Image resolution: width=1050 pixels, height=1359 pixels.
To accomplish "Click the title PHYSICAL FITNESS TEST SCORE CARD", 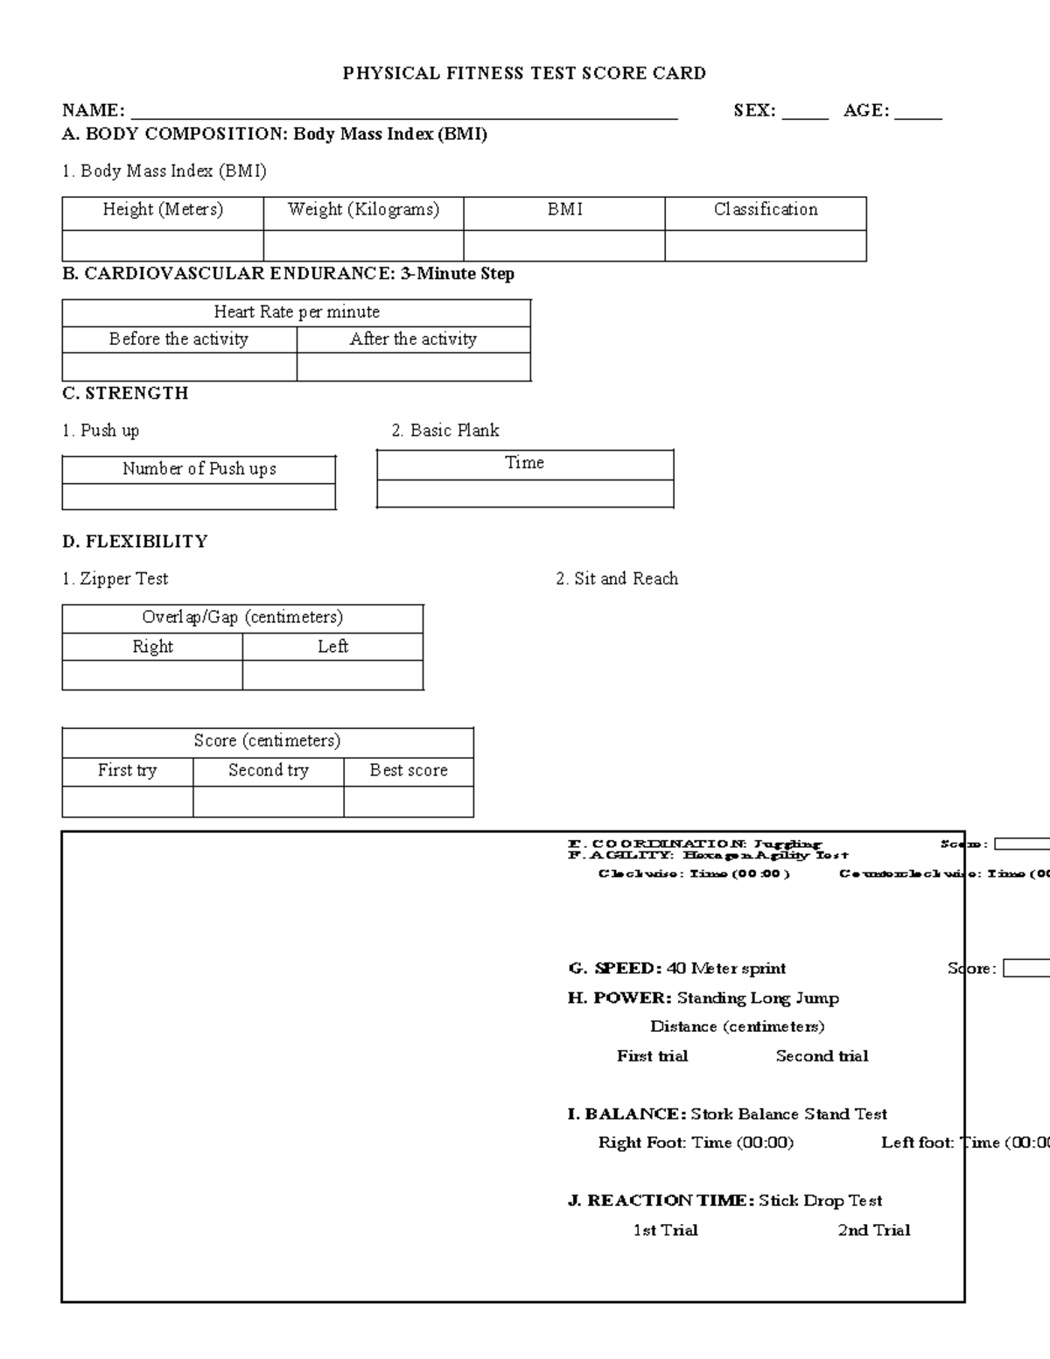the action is [x=524, y=74].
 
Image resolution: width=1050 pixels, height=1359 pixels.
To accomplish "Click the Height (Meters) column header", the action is [x=163, y=210].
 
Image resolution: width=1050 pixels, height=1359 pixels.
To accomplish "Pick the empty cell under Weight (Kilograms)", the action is [x=363, y=246].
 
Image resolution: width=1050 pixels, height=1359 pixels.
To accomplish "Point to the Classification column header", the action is [x=766, y=210].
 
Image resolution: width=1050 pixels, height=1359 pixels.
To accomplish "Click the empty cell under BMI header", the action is [x=564, y=246].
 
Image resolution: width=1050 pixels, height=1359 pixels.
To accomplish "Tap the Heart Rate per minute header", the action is [x=297, y=312].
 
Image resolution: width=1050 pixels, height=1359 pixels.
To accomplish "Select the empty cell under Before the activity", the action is [x=179, y=367].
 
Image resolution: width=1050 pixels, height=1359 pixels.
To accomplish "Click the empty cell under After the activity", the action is [x=414, y=367].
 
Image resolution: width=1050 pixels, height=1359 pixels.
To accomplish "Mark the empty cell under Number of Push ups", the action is [x=199, y=496].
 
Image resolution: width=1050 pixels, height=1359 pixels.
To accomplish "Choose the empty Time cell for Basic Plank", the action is [x=525, y=494].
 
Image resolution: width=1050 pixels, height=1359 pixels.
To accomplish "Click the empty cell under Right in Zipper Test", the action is [x=152, y=675].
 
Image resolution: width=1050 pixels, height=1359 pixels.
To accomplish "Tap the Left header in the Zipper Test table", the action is [x=333, y=647].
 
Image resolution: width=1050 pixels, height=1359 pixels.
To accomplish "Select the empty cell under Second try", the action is [x=268, y=802].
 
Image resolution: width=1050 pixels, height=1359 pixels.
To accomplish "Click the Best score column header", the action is [x=409, y=771].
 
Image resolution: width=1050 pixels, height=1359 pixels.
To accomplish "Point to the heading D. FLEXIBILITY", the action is [x=135, y=542].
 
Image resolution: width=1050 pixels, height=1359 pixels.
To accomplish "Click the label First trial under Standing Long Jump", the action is [x=652, y=1056].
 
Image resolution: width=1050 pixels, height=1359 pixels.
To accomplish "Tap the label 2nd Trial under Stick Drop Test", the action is [x=874, y=1230].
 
